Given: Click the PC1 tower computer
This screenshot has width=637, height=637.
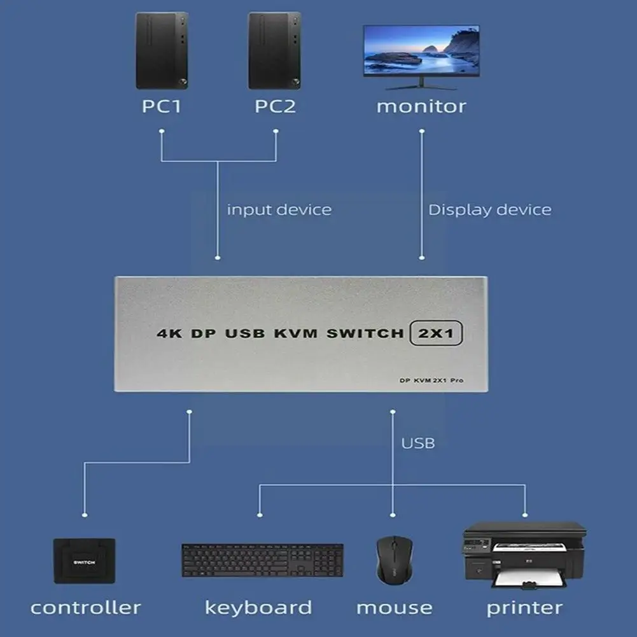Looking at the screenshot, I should point(162,51).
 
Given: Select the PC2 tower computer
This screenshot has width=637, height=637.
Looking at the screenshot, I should point(274,51).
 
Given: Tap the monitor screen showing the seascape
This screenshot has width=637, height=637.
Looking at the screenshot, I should point(421,51).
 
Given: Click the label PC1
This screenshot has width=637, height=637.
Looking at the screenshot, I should point(162,106).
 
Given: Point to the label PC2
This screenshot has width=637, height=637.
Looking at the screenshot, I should point(275,106).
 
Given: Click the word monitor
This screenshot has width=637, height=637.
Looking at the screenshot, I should point(421,106).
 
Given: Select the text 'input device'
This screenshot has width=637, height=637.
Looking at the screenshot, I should point(279,209).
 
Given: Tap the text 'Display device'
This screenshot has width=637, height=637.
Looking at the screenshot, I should point(489,209).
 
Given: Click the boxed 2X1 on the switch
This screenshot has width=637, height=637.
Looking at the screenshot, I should point(436,332).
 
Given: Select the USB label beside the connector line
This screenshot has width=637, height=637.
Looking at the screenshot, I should point(418,443).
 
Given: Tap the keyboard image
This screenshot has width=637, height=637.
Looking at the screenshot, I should point(262,560).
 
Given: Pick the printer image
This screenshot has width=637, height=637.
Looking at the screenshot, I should point(524,554).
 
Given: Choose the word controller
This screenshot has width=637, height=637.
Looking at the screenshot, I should point(85,608).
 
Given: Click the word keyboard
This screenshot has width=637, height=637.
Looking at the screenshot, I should point(258,608).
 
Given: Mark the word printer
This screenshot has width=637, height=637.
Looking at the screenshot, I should point(524,608).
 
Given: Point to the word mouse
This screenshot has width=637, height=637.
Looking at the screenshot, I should point(394,608).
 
